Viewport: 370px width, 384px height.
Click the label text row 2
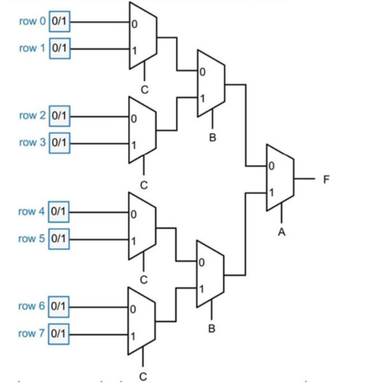pyautogui.click(x=32, y=115)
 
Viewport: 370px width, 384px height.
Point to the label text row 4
pyautogui.click(x=32, y=211)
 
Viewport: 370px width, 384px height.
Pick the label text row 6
pyautogui.click(x=32, y=306)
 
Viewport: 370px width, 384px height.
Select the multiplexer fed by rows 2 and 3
pyautogui.click(x=143, y=130)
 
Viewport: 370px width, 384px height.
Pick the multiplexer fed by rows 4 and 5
pyautogui.click(x=143, y=227)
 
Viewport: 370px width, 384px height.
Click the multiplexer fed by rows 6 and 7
pyautogui.click(x=143, y=320)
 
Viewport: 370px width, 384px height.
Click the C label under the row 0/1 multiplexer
pyautogui.click(x=144, y=88)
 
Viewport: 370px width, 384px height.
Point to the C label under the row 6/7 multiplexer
pyautogui.click(x=144, y=376)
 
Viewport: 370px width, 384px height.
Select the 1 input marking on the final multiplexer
pyautogui.click(x=272, y=193)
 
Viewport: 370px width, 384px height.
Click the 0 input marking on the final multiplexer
pyautogui.click(x=272, y=166)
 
